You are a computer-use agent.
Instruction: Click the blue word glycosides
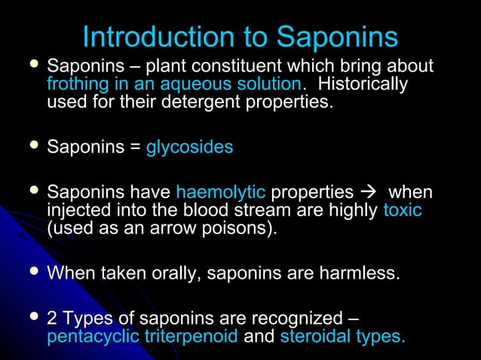coord(189,148)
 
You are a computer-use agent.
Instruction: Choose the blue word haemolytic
coord(220,192)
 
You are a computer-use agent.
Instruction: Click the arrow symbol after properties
coord(367,193)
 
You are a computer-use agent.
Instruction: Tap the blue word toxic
coord(402,210)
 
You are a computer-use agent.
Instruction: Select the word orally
coord(167,273)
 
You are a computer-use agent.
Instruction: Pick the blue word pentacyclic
coord(93,337)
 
